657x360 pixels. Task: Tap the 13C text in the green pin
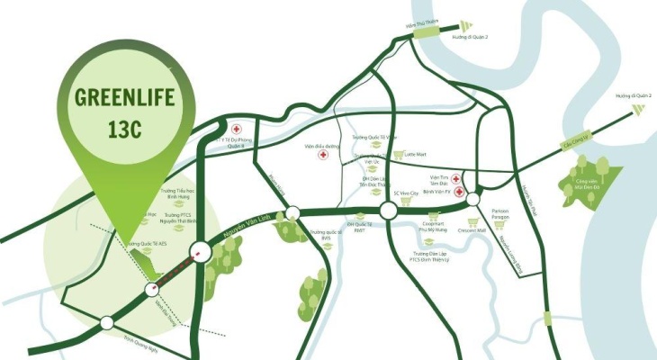119,131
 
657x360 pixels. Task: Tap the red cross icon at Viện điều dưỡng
322,155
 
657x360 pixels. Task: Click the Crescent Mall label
470,229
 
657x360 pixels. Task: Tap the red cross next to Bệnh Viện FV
459,192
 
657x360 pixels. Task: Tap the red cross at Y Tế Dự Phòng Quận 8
236,129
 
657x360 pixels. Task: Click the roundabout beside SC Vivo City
389,211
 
